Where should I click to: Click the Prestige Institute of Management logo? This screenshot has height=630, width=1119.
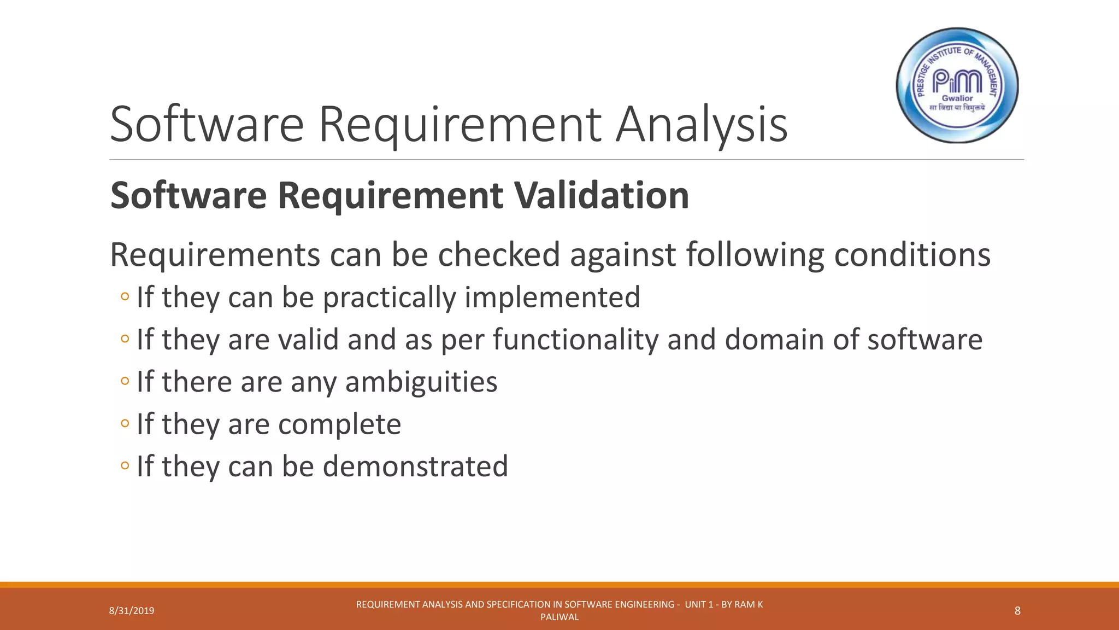tap(957, 85)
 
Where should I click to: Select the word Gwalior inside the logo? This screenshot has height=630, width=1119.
tap(957, 98)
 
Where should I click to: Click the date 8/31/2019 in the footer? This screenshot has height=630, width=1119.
tap(132, 611)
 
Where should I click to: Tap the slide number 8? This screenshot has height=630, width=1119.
tap(1017, 611)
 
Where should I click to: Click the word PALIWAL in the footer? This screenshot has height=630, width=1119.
tap(559, 617)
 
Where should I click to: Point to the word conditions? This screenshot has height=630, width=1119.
tap(912, 255)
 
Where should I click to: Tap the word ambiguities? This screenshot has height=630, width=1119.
tap(421, 382)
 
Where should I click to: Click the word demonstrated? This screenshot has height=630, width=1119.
tap(415, 466)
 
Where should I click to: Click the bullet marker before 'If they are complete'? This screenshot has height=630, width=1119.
tap(125, 423)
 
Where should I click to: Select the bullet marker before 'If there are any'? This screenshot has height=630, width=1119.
tap(125, 381)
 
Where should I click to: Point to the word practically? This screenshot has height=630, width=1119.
tap(389, 297)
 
